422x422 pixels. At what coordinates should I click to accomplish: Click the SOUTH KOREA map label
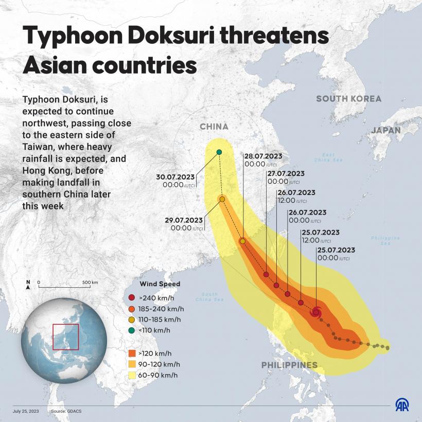348,99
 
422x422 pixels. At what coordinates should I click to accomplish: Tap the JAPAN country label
385,130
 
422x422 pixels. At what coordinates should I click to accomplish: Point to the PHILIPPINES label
289,365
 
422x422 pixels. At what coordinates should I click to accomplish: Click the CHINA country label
214,127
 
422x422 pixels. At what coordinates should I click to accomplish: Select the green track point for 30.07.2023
219,152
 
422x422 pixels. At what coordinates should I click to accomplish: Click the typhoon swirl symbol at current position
316,312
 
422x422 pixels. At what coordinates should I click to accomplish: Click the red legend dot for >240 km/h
132,298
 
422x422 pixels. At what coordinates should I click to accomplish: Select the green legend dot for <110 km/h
132,330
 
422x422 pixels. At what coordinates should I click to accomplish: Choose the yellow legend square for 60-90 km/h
132,375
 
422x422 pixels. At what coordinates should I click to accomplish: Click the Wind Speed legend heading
160,284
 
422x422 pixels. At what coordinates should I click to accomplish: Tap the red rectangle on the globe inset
65,337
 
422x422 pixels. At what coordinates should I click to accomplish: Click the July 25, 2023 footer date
26,411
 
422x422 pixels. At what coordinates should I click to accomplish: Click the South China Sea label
209,296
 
